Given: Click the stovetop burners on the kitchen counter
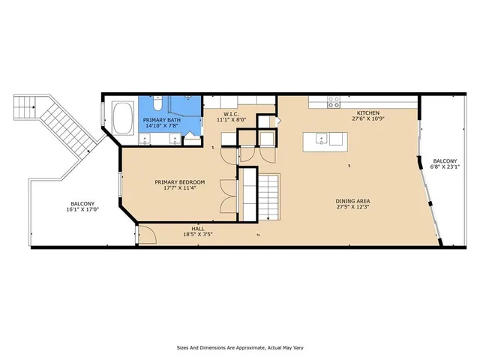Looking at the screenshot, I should (x=334, y=103).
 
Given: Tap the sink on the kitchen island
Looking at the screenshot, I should (x=322, y=138).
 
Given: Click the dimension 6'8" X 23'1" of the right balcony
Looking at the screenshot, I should (x=445, y=167).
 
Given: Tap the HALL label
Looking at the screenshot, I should (x=197, y=228).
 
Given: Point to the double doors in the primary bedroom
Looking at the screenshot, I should (x=228, y=196).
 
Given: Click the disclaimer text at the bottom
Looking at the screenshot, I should (x=239, y=347).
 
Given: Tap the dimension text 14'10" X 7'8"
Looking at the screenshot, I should (x=163, y=125).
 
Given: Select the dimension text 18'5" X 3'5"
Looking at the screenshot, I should (x=197, y=235).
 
